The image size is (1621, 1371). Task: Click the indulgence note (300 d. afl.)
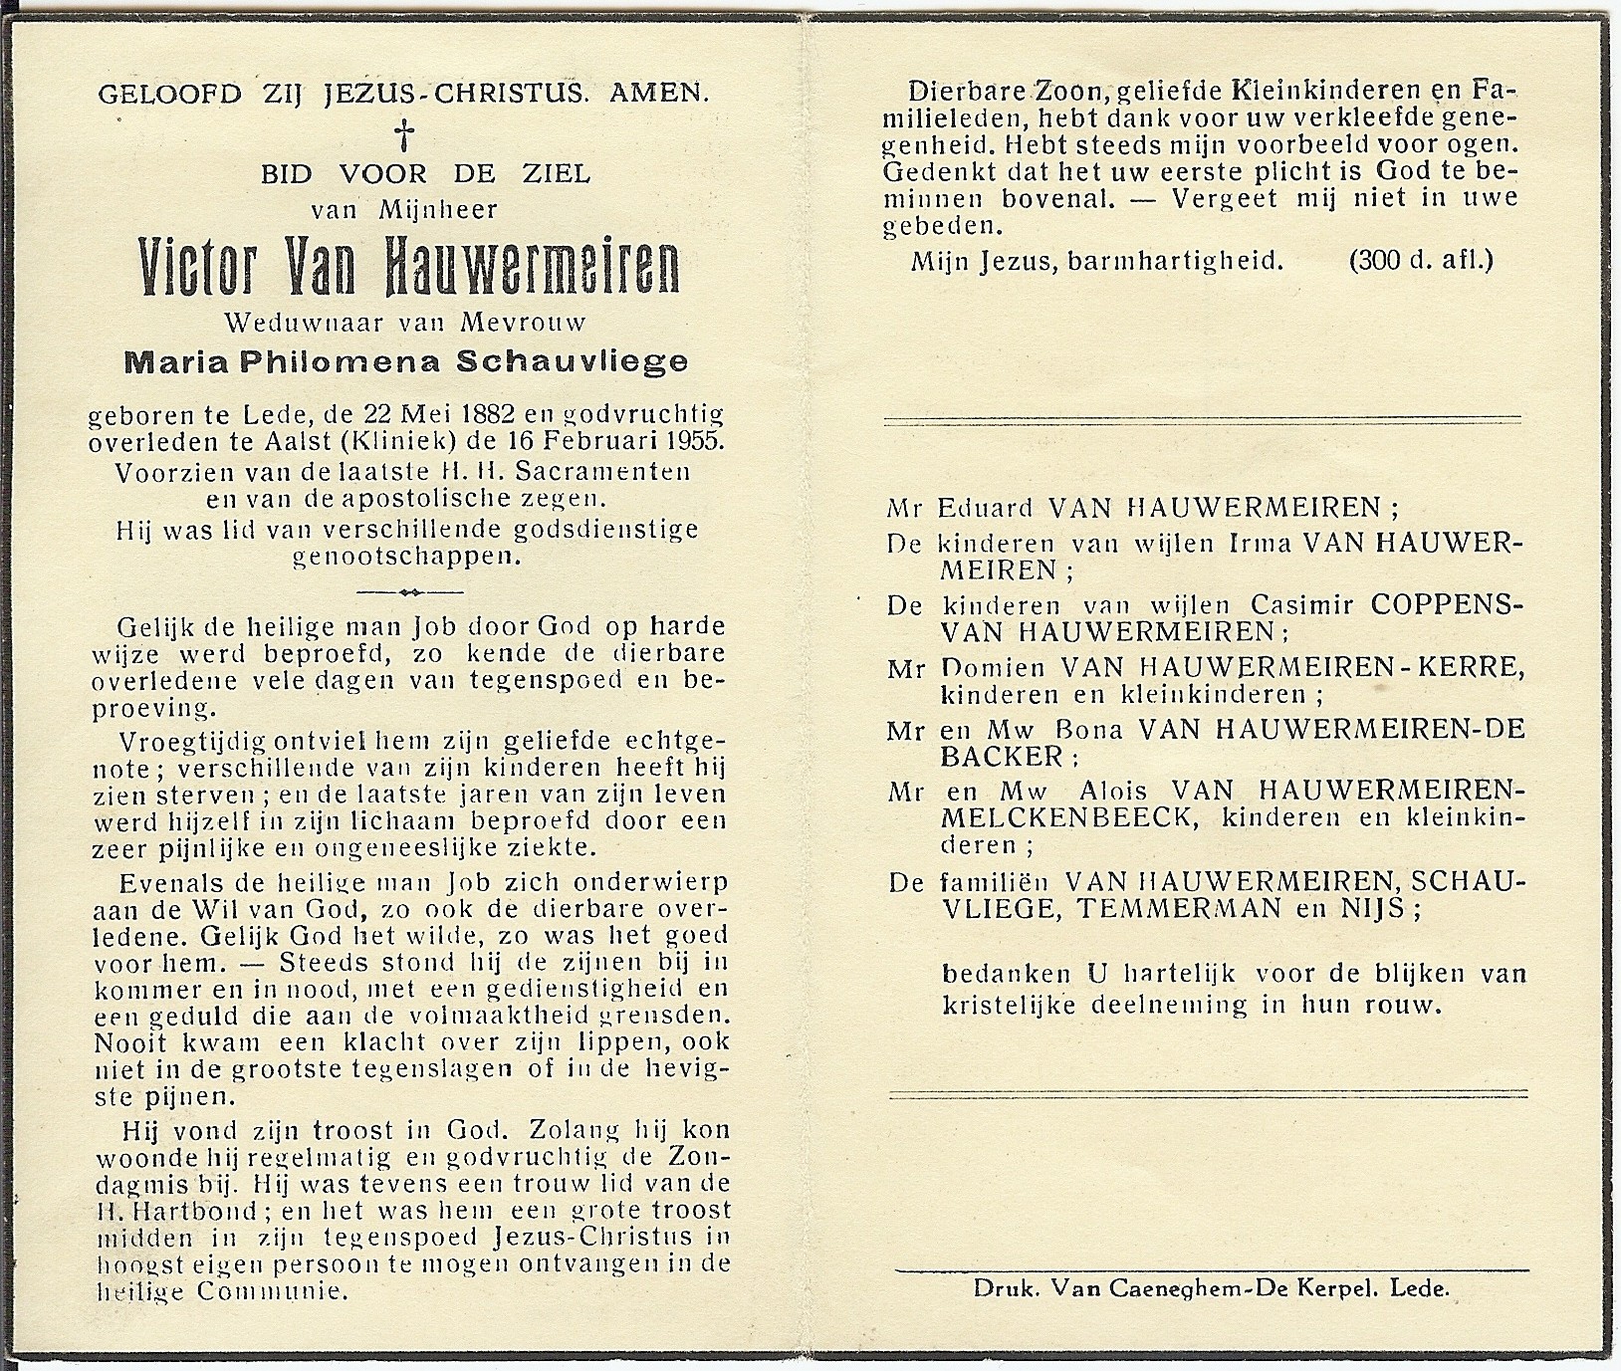click(x=1421, y=261)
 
